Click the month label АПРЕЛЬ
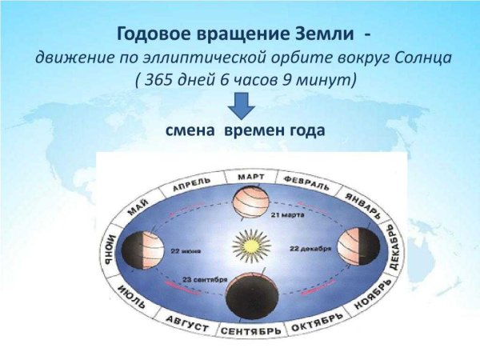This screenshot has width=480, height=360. (192, 182)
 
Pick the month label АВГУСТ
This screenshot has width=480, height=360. (186, 325)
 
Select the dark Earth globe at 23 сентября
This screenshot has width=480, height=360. (246, 295)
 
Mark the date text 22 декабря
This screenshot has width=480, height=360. (307, 249)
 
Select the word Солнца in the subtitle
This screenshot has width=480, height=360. (416, 58)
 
